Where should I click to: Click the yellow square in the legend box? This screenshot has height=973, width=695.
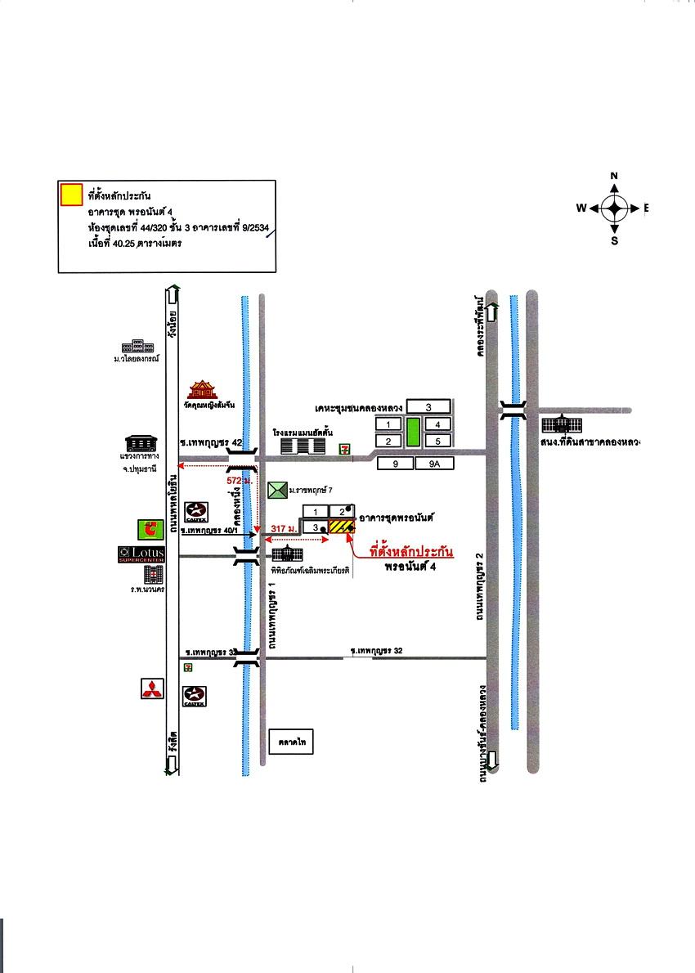click(x=71, y=194)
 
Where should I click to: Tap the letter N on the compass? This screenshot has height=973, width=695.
click(x=614, y=176)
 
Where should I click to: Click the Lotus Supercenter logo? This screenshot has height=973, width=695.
click(x=141, y=554)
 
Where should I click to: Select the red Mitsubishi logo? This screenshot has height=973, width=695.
click(x=152, y=689)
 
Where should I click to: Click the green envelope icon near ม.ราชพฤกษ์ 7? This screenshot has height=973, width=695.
click(x=277, y=490)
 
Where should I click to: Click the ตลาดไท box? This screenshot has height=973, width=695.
click(x=291, y=743)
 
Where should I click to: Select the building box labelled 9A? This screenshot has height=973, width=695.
click(x=433, y=464)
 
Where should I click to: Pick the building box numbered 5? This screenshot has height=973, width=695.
click(x=438, y=442)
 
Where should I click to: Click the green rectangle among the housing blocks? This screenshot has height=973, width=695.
click(x=413, y=433)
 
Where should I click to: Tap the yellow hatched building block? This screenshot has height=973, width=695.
click(x=340, y=527)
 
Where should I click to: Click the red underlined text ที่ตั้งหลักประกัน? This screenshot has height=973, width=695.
click(x=411, y=553)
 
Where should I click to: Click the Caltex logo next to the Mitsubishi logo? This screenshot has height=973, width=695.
click(x=195, y=696)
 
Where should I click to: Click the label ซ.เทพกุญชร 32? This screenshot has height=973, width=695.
click(x=377, y=651)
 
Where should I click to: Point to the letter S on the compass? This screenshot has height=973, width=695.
click(x=614, y=240)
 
